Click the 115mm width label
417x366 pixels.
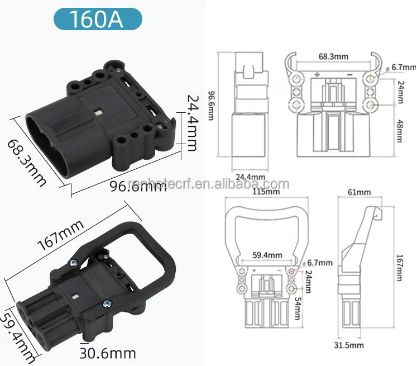click(x=266, y=192)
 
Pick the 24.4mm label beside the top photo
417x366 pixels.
click(x=190, y=130)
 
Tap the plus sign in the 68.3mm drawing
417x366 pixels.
click(x=317, y=74)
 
